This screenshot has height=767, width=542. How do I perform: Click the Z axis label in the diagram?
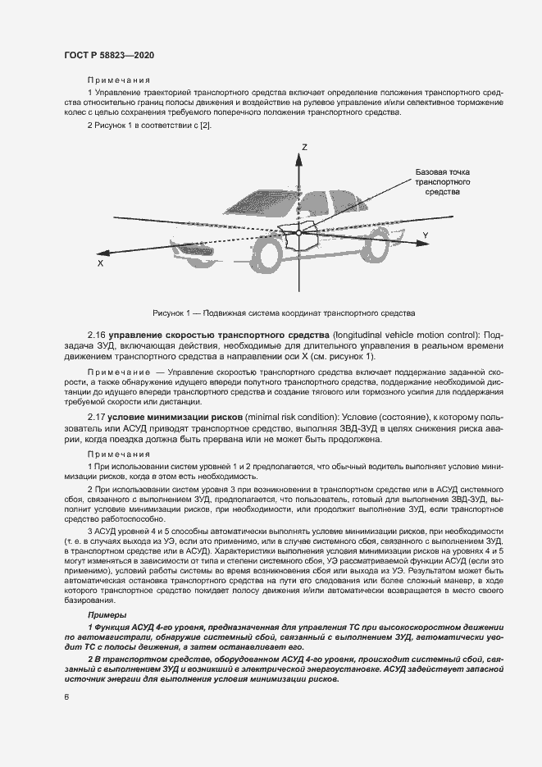303,147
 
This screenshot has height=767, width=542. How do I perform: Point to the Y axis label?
425,235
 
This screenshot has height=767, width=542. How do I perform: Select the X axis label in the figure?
100,264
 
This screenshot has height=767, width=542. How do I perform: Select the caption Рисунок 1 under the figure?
284,313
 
